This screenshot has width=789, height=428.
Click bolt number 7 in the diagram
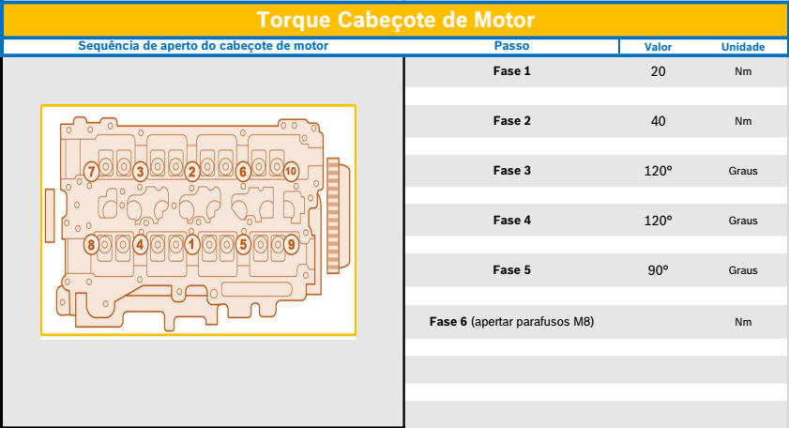(91, 172)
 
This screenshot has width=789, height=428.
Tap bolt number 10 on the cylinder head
(291, 171)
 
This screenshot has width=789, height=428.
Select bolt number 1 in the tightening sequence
(191, 245)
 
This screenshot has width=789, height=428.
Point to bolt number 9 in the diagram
(291, 245)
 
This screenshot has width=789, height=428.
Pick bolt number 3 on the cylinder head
(141, 172)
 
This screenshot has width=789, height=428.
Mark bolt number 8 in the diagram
(91, 245)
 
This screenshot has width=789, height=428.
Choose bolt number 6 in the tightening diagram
(243, 172)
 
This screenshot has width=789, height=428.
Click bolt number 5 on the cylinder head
(243, 245)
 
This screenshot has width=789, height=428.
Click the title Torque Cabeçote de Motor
(396, 20)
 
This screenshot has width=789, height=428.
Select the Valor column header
(658, 47)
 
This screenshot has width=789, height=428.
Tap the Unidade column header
(743, 47)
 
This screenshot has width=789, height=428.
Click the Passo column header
(511, 46)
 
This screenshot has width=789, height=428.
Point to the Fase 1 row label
(511, 71)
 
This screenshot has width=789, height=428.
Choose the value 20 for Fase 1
(659, 71)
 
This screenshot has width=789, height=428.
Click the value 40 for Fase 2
(659, 121)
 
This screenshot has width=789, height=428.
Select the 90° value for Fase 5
(659, 270)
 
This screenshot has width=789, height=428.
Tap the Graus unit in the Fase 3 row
(743, 171)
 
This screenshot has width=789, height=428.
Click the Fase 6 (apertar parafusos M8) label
(511, 322)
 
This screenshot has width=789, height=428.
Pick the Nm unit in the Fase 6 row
(743, 322)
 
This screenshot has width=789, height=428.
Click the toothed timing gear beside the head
(334, 216)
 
